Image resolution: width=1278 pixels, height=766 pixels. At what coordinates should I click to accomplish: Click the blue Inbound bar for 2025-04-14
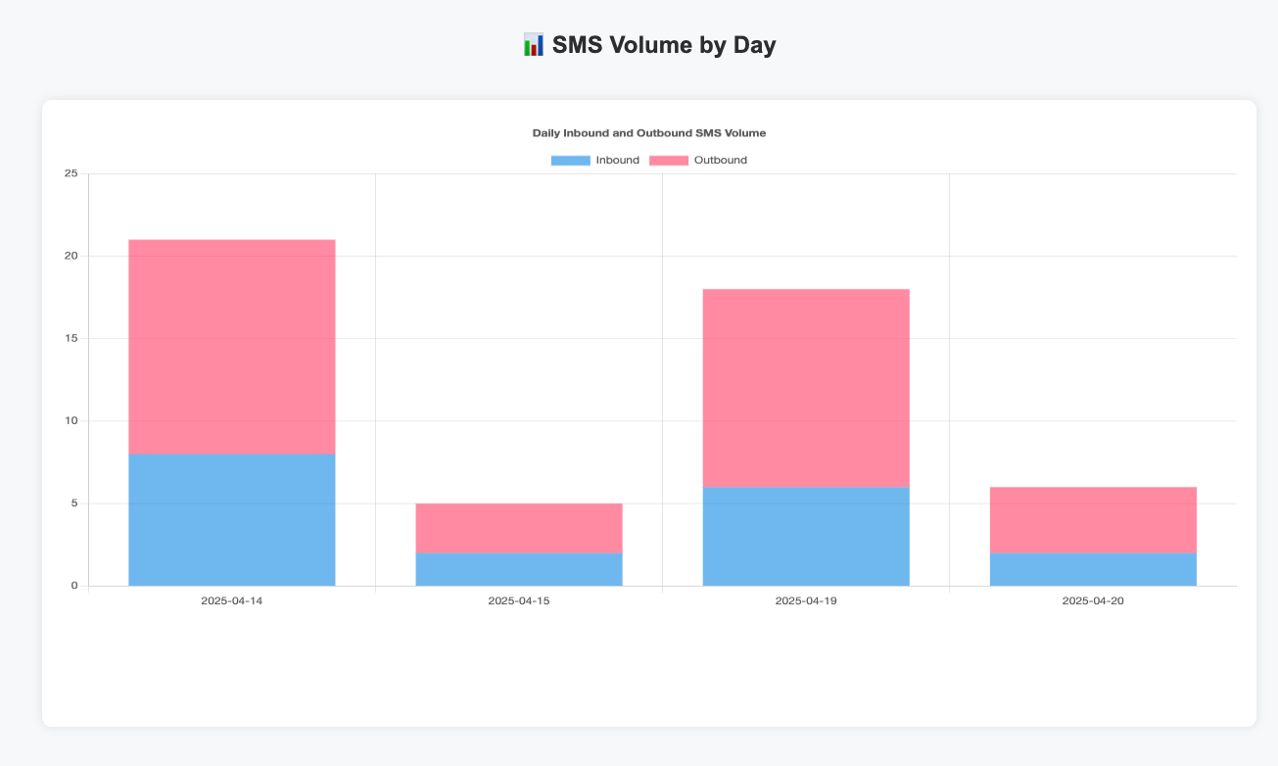coord(232,519)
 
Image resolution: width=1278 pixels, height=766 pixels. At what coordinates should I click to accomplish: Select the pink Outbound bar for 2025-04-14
coord(232,347)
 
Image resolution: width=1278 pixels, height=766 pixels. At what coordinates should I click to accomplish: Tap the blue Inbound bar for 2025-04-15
coord(519,569)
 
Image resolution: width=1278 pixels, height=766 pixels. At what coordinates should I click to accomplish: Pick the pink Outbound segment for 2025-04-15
coord(519,528)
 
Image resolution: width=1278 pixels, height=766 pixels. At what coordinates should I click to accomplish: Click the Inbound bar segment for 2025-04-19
coord(806,536)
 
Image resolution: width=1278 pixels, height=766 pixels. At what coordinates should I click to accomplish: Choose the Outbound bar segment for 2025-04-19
coord(806,388)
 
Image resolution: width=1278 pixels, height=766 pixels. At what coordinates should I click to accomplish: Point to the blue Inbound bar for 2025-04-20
coord(1093,569)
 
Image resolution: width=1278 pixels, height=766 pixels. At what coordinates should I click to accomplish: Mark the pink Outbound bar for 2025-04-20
coord(1093,520)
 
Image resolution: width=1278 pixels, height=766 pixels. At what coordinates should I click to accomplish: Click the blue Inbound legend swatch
coord(570,161)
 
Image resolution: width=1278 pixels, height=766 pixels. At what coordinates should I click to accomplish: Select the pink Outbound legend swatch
coord(669,161)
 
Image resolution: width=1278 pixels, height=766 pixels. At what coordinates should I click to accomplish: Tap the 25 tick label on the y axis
coord(71,174)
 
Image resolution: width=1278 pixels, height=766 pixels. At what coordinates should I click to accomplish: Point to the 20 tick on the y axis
coord(71,257)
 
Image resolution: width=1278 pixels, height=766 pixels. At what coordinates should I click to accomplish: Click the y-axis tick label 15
coord(71,339)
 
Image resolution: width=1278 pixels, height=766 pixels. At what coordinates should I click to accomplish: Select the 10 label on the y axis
coord(71,421)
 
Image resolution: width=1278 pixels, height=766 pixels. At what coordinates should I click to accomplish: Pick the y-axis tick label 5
coord(73,503)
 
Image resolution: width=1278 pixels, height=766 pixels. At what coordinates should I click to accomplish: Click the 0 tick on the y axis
coord(73,586)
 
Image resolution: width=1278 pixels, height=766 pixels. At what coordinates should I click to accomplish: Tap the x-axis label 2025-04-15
coord(519,600)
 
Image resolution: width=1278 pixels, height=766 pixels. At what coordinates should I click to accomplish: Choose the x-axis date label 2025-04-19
coord(806,600)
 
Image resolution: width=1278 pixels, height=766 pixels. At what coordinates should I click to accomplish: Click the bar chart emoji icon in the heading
coord(534,45)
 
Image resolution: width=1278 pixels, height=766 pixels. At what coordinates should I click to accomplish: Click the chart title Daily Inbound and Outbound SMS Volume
coord(649,132)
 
